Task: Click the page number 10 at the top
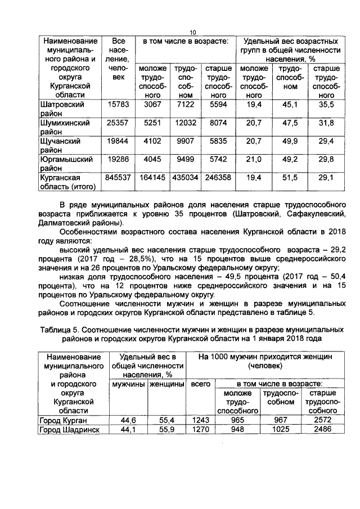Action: pos(191,31)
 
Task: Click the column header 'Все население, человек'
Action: pos(118,58)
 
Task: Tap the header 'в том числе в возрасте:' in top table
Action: pos(184,42)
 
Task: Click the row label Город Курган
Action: pos(62,420)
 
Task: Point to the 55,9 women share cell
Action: pos(166,430)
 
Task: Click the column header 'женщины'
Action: pos(166,384)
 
